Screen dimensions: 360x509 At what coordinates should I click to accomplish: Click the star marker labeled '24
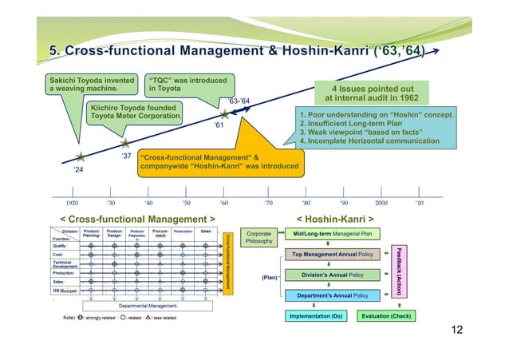[80, 158]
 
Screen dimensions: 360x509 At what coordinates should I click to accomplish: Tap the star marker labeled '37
[125, 144]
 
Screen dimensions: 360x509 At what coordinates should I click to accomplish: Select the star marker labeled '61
[224, 115]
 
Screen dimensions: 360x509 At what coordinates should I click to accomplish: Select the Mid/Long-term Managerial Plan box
[332, 234]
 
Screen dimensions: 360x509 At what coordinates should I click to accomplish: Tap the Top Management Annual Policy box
[332, 255]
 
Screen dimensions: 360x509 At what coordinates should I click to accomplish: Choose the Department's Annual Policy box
[332, 295]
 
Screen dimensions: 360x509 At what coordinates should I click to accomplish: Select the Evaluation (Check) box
[385, 316]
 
